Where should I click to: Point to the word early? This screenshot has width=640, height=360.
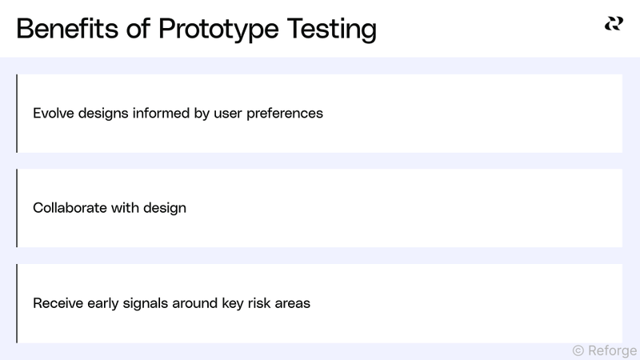pyautogui.click(x=102, y=303)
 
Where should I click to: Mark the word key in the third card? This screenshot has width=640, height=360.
pyautogui.click(x=229, y=303)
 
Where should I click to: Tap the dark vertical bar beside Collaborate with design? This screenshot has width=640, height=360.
pyautogui.click(x=17, y=208)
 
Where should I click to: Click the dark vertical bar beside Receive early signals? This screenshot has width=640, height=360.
pyautogui.click(x=17, y=303)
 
